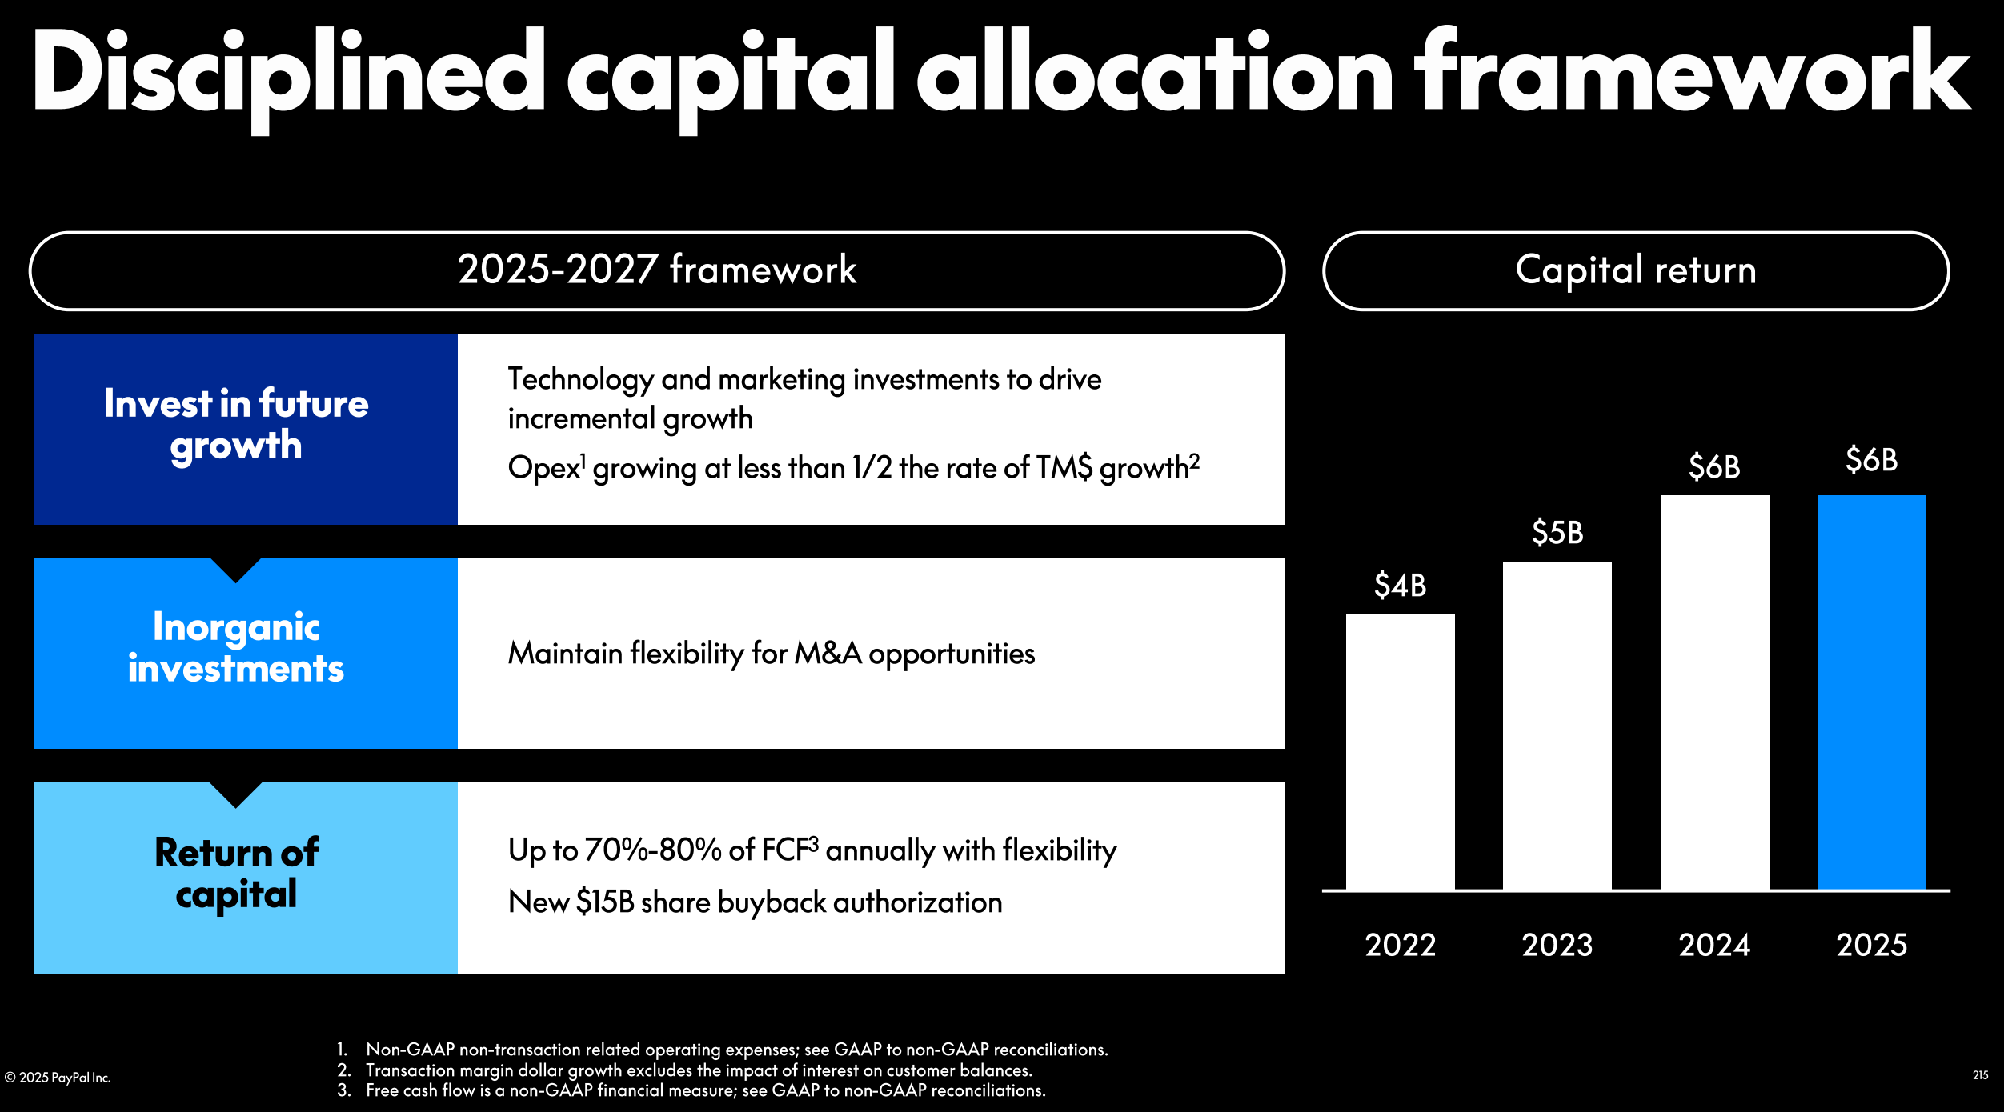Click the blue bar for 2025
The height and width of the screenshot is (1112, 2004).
point(1871,692)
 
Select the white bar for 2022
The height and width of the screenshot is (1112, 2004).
point(1400,752)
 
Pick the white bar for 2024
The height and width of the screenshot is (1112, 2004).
point(1714,692)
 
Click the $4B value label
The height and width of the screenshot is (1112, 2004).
point(1400,586)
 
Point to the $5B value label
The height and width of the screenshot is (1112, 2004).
point(1557,533)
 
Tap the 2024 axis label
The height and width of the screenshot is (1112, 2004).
point(1714,946)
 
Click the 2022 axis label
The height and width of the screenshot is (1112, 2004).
point(1400,946)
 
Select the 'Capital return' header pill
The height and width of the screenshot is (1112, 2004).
point(1636,270)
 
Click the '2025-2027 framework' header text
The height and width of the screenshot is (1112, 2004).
point(656,270)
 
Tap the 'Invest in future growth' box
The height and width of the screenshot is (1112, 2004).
point(245,429)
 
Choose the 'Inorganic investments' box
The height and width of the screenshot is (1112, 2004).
point(245,653)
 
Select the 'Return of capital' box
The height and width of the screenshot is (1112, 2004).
point(245,877)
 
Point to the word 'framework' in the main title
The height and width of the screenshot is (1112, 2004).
point(1692,72)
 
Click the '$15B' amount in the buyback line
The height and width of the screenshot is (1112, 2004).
point(605,902)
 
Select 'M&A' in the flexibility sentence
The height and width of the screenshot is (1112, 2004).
point(828,654)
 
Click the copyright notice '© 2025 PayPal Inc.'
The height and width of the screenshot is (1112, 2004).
point(58,1078)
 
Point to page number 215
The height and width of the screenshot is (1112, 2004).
point(1980,1075)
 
